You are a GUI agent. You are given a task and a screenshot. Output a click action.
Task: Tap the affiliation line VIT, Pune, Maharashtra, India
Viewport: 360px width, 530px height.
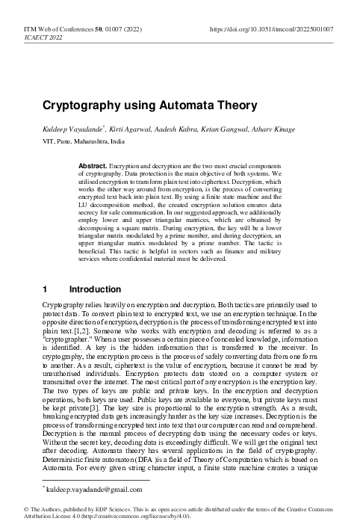[x=84, y=141]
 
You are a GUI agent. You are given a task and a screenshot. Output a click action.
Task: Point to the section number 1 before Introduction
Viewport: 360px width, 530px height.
[x=46, y=289]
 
